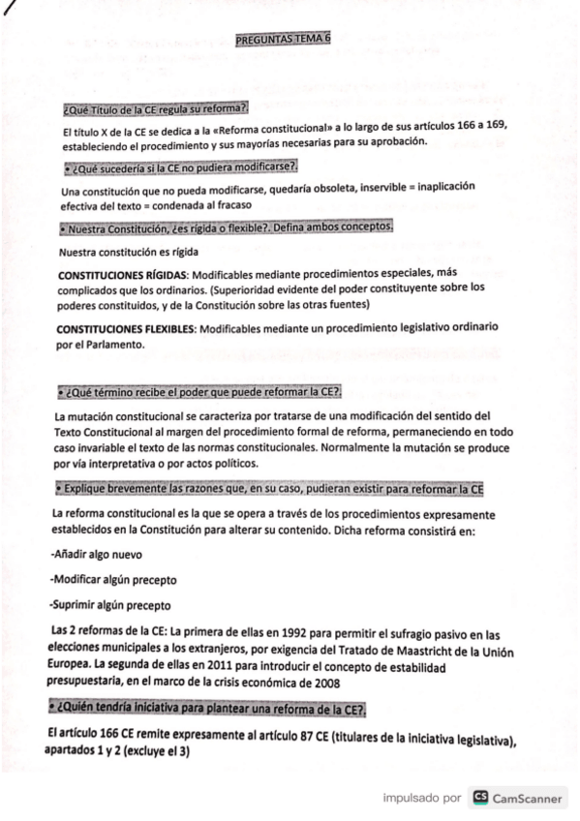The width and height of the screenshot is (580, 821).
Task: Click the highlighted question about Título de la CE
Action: (155, 106)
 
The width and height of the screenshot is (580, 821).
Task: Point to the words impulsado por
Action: (421, 799)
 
